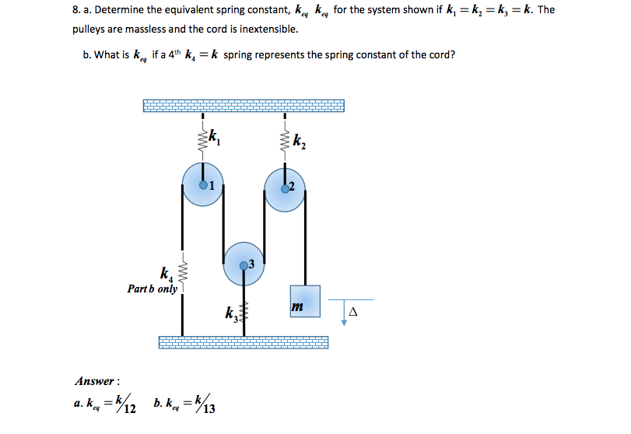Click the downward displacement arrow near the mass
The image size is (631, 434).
tap(343, 312)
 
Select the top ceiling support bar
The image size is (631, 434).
tap(244, 106)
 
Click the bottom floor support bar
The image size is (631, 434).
tap(244, 342)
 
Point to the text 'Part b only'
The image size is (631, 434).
tap(152, 289)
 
